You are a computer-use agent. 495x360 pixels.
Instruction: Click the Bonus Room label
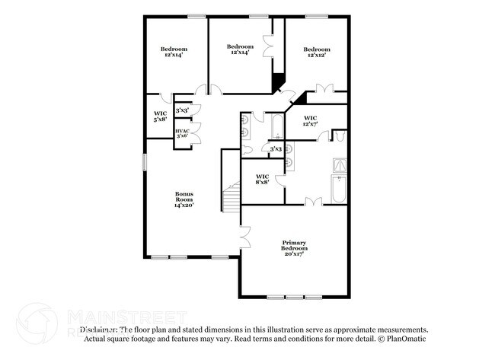(x=184, y=199)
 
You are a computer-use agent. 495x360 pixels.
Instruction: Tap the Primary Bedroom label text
(x=294, y=248)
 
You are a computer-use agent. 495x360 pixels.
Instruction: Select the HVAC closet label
(x=182, y=134)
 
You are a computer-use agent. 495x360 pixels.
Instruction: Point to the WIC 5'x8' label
(x=160, y=116)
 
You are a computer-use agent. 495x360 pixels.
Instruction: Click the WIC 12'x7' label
(x=311, y=121)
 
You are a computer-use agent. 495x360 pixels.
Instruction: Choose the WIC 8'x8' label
(x=262, y=179)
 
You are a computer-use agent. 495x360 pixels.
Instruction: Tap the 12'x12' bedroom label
(x=317, y=52)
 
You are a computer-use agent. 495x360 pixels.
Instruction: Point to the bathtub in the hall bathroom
(x=275, y=129)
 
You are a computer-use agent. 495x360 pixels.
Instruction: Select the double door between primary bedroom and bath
(x=312, y=202)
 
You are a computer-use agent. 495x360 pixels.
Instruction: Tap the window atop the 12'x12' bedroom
(x=316, y=16)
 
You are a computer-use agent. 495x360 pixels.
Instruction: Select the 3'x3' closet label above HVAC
(x=182, y=111)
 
